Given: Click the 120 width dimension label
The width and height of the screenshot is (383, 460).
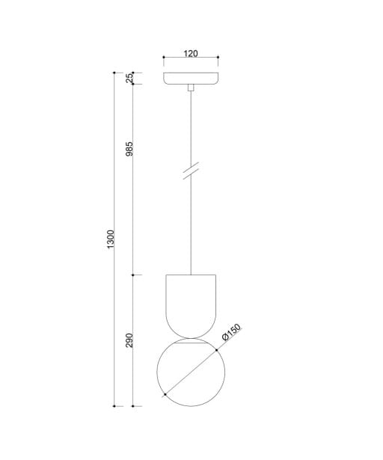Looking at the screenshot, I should [x=191, y=54].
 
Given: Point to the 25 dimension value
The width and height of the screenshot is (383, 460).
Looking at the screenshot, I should [x=129, y=78].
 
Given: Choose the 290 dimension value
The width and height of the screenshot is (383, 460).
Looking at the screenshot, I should [x=129, y=340].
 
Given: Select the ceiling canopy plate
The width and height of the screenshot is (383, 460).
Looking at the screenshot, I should [x=191, y=78].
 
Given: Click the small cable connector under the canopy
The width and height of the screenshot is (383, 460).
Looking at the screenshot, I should [x=191, y=88].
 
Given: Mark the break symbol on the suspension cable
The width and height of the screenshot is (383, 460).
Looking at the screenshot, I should [x=191, y=171].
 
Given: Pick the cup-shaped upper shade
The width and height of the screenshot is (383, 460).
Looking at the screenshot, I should [x=191, y=303].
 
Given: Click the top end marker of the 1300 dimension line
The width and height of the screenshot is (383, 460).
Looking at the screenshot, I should [x=114, y=73].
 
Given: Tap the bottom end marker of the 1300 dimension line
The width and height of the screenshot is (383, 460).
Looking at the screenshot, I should [x=114, y=405].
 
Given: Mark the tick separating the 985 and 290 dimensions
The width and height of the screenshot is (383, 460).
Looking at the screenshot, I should [x=133, y=275].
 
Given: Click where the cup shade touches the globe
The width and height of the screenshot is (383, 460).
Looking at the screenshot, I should [x=191, y=338].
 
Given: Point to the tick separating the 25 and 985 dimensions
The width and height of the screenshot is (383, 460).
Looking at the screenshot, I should [x=133, y=84].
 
